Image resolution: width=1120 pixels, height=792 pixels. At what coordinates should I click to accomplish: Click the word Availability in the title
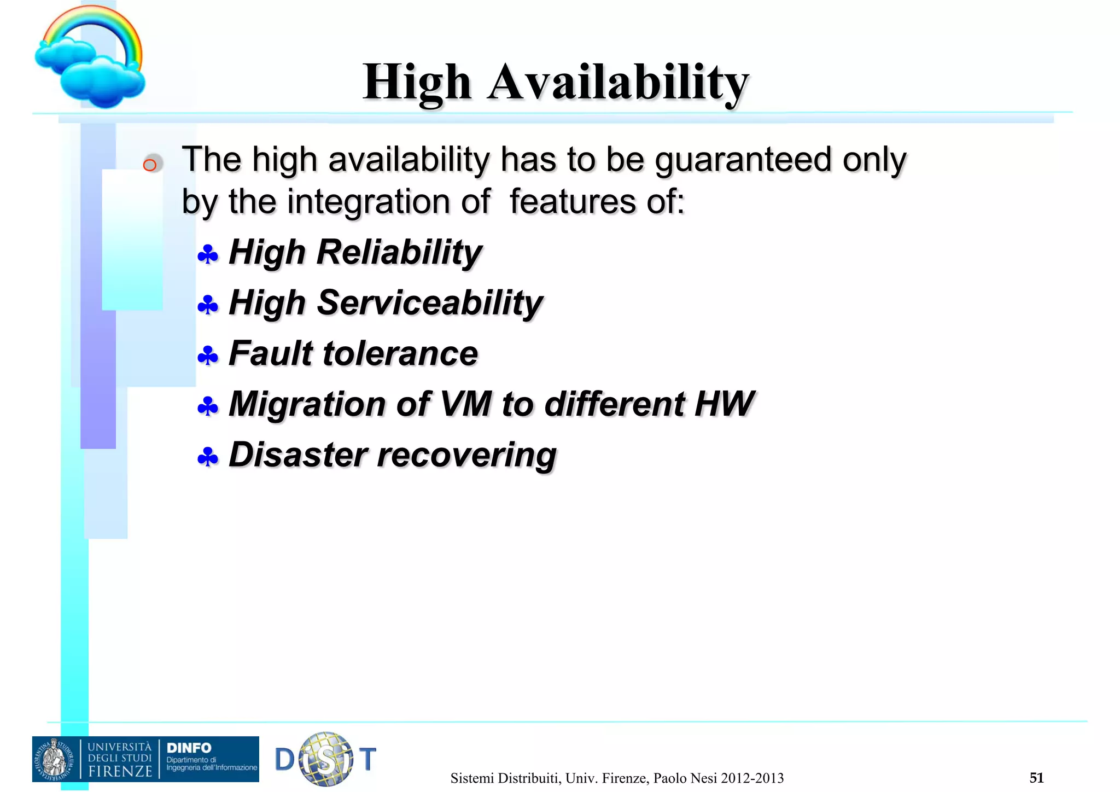click(618, 82)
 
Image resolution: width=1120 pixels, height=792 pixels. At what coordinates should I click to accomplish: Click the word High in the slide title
click(417, 82)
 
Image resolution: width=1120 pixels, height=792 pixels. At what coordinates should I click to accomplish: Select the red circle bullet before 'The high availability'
click(150, 165)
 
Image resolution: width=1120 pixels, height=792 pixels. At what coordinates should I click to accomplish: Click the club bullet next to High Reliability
click(208, 255)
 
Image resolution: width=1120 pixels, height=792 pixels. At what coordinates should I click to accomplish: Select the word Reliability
click(399, 252)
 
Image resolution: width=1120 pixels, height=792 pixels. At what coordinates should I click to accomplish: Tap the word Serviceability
click(430, 302)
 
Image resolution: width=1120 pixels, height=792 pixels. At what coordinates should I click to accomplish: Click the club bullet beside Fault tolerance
click(208, 356)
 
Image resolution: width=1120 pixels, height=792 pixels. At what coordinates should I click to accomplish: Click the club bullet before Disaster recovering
click(208, 457)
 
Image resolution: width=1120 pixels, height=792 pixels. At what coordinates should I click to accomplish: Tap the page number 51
click(1036, 777)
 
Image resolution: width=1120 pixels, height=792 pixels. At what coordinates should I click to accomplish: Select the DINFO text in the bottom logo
click(189, 748)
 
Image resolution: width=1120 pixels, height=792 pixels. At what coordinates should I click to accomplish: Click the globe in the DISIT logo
click(326, 759)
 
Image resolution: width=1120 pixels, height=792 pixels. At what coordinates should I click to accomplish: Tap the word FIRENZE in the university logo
click(120, 771)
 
